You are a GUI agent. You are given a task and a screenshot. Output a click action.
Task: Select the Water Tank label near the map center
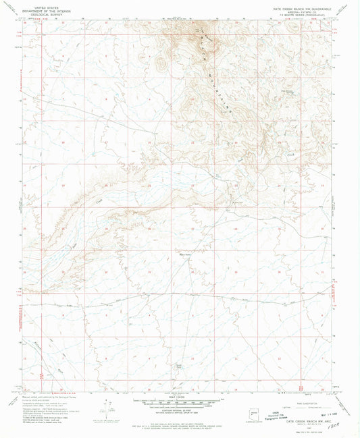click(x=182, y=254)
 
